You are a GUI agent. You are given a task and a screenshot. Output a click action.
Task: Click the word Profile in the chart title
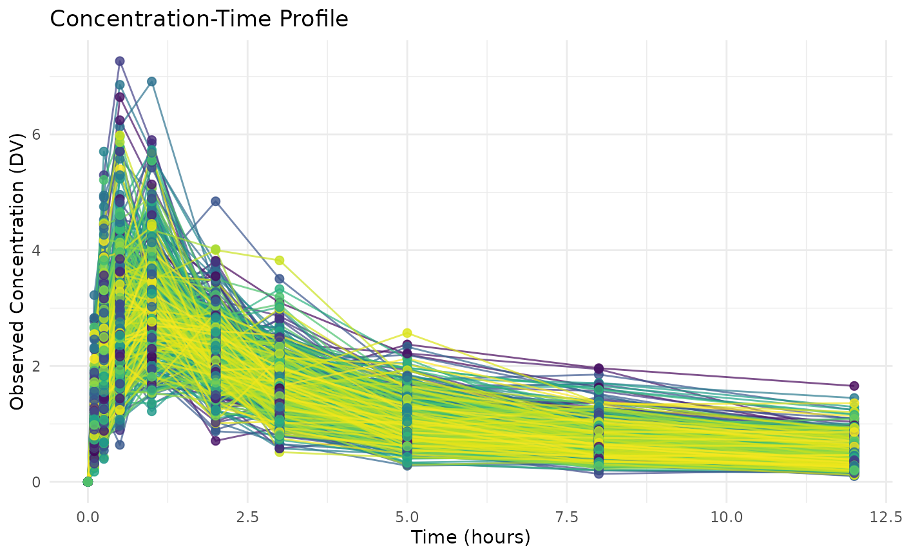tap(314, 19)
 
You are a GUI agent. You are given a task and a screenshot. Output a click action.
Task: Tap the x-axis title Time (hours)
tap(470, 536)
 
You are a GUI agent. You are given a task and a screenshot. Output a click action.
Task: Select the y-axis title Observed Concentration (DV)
tap(17, 269)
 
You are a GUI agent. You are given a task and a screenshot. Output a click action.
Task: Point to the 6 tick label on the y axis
tap(36, 135)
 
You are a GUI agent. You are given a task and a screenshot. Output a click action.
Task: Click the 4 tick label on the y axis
tap(36, 250)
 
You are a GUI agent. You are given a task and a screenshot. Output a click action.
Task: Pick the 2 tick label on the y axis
tap(36, 366)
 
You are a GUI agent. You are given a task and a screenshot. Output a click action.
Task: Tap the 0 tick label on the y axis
tap(36, 482)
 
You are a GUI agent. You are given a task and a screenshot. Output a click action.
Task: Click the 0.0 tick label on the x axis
tap(88, 516)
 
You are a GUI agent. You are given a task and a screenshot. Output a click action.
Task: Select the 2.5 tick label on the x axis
tap(247, 516)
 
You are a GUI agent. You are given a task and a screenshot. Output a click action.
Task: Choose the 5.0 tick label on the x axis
tap(407, 516)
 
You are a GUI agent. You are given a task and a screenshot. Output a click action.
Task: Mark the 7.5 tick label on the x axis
tap(567, 516)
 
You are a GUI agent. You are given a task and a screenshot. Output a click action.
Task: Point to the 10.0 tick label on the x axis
tap(726, 516)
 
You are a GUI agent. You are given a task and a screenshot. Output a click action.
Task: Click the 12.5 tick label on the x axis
tap(886, 516)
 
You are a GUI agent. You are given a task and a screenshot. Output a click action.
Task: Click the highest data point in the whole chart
tap(120, 61)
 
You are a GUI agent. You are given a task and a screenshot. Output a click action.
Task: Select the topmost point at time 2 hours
tap(215, 202)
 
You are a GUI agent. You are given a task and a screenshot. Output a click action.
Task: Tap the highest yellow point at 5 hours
tap(407, 333)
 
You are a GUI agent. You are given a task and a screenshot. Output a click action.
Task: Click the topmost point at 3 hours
tap(279, 260)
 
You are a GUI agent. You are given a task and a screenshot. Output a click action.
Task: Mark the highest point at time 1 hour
tap(151, 81)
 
